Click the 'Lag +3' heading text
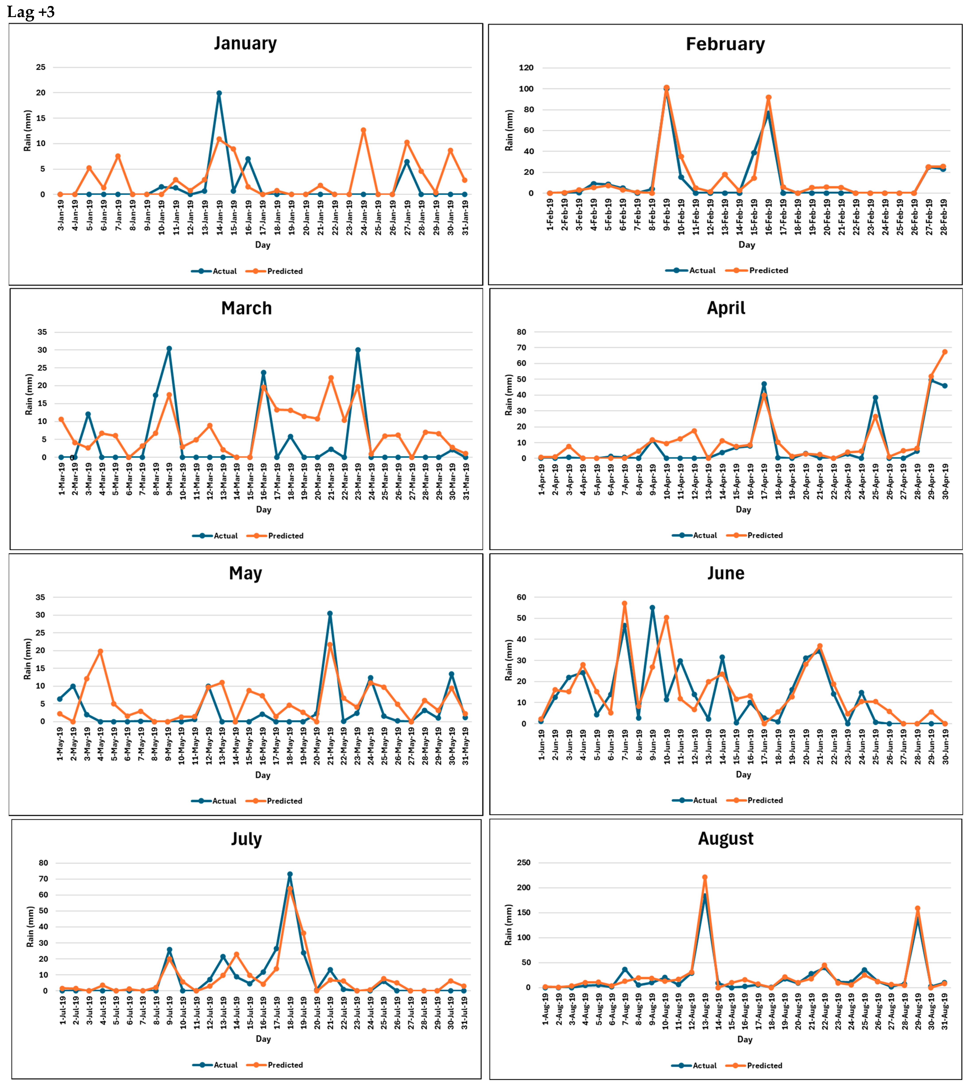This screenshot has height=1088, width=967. pos(31,12)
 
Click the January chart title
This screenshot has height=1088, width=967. pos(245,43)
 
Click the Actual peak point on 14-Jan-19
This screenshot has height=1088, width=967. pos(219,93)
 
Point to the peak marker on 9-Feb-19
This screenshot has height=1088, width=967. pos(666,88)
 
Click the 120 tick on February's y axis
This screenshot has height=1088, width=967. pos(525,68)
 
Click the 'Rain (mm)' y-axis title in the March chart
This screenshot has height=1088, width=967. pos(29,394)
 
